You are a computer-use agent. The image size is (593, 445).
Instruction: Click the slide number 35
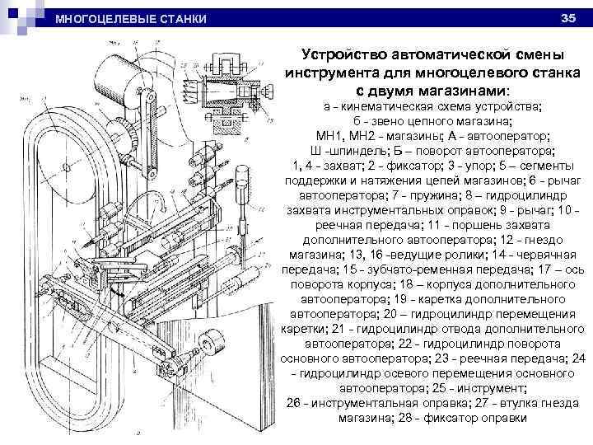coord(567,17)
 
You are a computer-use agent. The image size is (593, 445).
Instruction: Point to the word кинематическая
coord(385,107)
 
